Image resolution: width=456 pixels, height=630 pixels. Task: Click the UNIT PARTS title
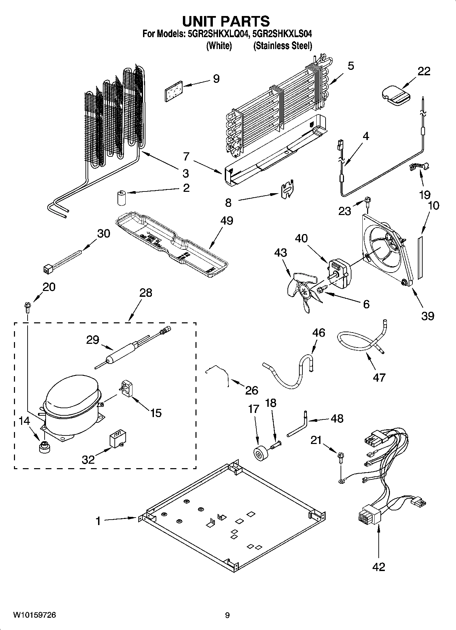[x=226, y=21]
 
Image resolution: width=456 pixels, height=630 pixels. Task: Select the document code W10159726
[x=34, y=615]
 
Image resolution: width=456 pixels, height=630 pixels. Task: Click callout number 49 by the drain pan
[x=226, y=220]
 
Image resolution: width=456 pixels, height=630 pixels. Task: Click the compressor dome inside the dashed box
[x=72, y=392]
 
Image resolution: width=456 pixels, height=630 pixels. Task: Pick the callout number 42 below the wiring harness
[x=379, y=567]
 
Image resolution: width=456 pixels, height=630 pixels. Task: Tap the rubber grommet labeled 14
[x=44, y=447]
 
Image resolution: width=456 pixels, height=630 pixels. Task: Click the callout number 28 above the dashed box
[x=146, y=293]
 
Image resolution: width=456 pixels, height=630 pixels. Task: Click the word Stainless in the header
[x=269, y=46]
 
